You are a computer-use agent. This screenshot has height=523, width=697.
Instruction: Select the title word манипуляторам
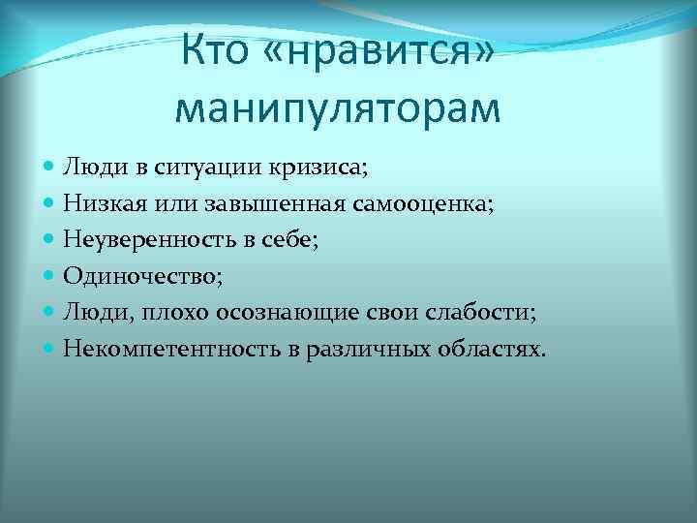coord(338,108)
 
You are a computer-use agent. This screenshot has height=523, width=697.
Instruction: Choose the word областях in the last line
coord(492,349)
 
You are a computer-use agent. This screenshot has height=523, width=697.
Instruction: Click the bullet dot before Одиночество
coord(50,276)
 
